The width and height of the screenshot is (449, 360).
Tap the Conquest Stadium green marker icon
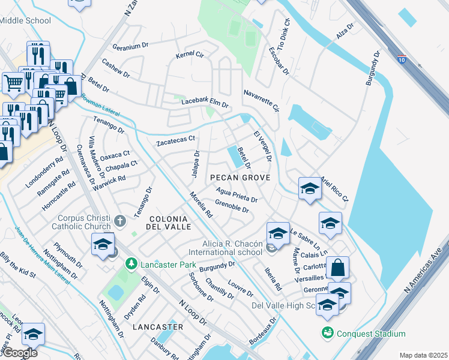tap(327, 332)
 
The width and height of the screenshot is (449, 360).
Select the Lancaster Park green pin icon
tap(130, 263)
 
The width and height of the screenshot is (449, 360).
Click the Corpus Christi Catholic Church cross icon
tap(120, 221)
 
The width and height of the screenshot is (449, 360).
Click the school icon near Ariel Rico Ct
tap(309, 188)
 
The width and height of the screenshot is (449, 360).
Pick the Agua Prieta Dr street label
tap(237, 197)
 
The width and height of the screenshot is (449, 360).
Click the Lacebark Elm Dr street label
tap(205, 103)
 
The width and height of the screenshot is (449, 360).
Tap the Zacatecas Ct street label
tap(176, 141)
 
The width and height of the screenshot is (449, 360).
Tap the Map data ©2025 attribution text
tap(423, 355)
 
